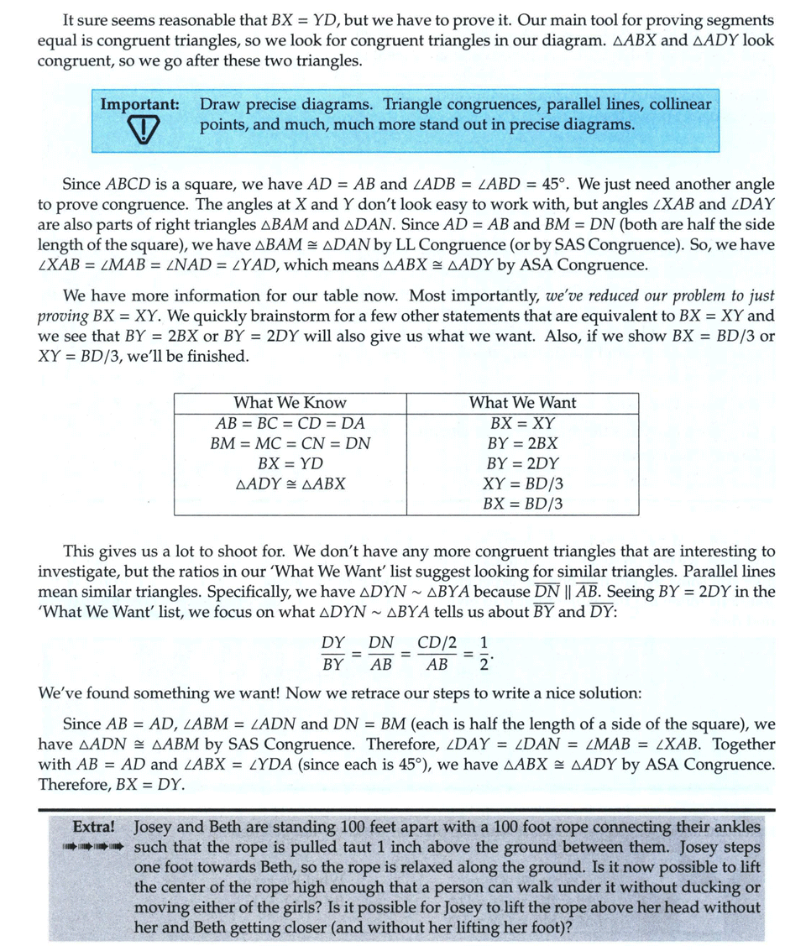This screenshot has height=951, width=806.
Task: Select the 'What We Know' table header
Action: tap(290, 402)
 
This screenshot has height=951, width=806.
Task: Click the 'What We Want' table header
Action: tap(522, 402)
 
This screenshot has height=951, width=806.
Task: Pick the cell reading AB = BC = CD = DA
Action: tap(290, 423)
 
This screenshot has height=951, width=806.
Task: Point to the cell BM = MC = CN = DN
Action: tap(290, 443)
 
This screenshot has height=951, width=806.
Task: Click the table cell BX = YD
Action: tap(290, 463)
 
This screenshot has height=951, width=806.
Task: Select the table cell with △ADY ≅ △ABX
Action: tap(290, 484)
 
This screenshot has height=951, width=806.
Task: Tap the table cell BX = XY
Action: tap(522, 423)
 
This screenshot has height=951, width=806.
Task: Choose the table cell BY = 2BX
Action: tap(522, 443)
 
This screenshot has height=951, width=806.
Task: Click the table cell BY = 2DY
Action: tap(522, 463)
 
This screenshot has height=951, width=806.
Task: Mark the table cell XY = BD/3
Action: tap(522, 484)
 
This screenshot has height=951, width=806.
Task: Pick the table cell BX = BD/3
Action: tap(522, 504)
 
